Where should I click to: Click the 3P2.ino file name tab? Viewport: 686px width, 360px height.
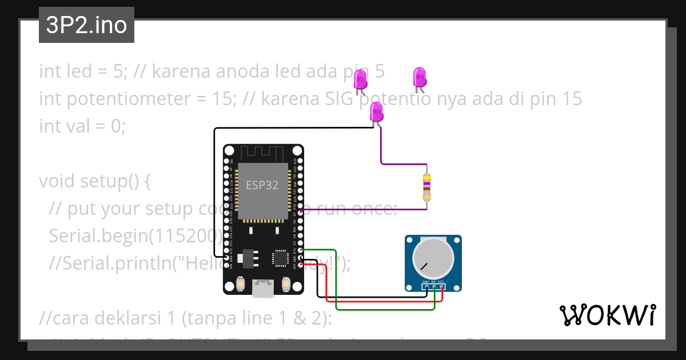(x=86, y=26)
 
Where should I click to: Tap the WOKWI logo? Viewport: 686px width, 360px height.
(x=607, y=315)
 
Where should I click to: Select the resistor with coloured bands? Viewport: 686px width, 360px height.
(x=426, y=187)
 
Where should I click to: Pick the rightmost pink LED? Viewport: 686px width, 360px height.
(x=420, y=77)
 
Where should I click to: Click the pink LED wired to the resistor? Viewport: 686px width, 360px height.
(x=377, y=112)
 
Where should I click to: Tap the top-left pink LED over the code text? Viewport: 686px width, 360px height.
(x=360, y=80)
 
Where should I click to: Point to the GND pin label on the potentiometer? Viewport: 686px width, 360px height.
(x=425, y=282)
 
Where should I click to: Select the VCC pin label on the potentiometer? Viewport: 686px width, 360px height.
(x=441, y=282)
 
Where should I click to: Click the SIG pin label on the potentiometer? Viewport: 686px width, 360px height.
(x=433, y=282)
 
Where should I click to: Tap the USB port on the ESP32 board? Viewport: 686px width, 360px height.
(x=263, y=289)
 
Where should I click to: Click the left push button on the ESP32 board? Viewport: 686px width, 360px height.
(x=241, y=283)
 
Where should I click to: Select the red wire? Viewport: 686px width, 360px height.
(x=383, y=301)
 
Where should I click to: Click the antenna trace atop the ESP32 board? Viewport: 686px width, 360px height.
(x=262, y=153)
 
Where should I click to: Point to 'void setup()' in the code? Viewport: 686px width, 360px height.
(x=94, y=181)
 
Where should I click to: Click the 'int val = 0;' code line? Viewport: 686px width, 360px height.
(x=82, y=126)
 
